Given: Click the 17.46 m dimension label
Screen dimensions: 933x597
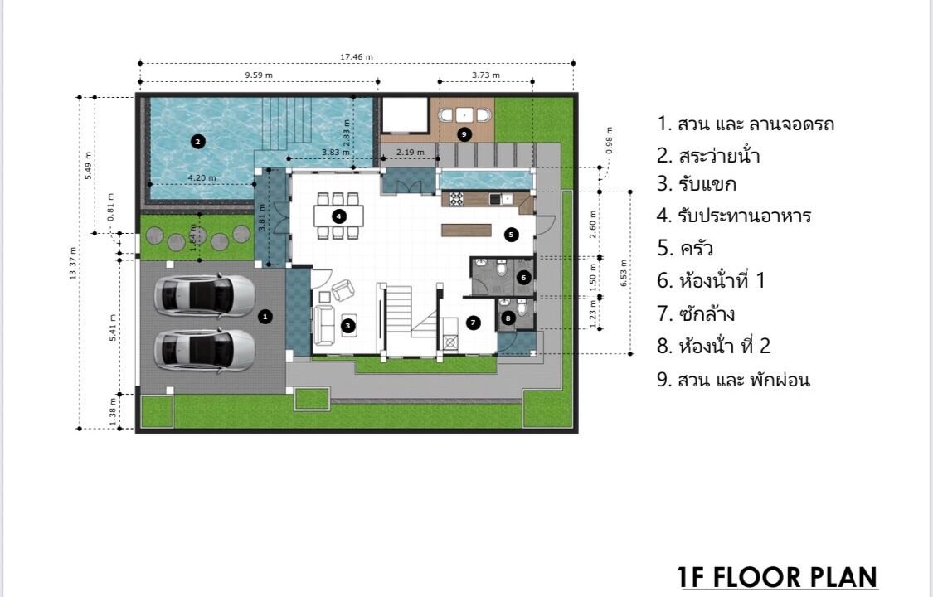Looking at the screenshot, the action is [357, 57].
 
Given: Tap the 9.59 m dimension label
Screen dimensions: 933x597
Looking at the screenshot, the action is [259, 75].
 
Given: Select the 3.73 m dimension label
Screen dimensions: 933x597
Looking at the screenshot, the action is [485, 75].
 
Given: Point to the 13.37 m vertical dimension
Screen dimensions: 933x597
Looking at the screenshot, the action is [73, 263].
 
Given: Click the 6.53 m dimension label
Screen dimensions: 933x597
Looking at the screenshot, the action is [624, 273].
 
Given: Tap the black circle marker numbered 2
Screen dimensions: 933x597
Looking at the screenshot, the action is [198, 142].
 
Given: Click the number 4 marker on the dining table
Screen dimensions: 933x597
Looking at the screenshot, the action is [338, 216].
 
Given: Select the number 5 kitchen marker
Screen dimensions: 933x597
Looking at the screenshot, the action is [511, 235].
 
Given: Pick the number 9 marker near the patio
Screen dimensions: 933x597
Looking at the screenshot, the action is [464, 134].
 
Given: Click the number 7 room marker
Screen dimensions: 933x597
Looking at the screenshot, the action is [473, 323].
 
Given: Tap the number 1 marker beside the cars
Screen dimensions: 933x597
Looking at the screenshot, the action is [265, 317].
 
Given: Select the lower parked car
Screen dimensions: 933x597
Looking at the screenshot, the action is [205, 351].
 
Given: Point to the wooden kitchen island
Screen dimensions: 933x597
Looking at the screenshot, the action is [466, 230].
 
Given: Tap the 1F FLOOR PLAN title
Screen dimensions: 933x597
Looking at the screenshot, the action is [777, 577].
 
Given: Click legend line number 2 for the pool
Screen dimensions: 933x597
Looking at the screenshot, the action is [708, 155].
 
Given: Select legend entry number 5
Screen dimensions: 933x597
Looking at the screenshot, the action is [685, 247].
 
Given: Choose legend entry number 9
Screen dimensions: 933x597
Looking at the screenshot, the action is [733, 380].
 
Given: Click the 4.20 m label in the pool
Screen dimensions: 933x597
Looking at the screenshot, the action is [202, 177].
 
